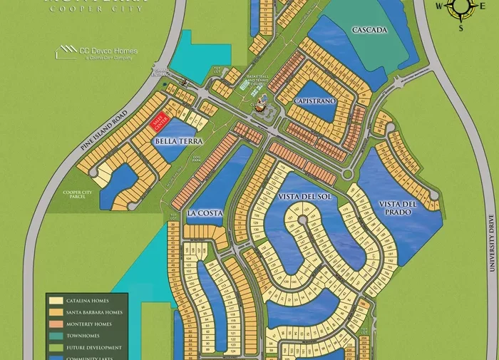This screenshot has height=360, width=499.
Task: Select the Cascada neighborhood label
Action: tap(369, 30)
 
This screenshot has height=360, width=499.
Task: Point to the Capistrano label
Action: tap(314, 102)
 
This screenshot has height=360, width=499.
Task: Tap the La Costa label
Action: tap(205, 213)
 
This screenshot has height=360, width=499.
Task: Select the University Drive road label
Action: tap(491, 242)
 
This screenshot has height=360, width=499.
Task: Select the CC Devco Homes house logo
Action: tap(68, 52)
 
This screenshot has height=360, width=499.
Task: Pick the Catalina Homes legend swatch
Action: tap(55, 301)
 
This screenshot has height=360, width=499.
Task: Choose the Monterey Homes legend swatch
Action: tap(55, 324)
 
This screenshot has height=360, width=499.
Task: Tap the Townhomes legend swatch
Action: tap(55, 336)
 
